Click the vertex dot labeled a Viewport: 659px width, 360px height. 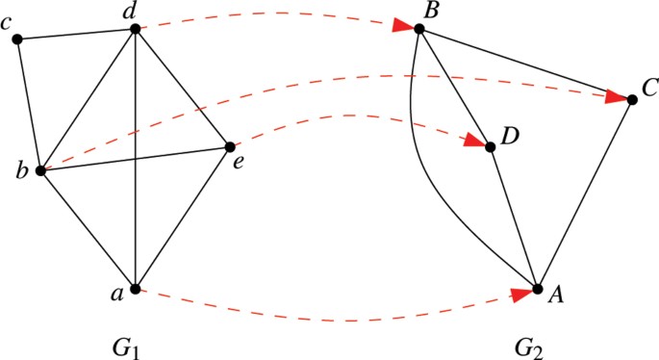136,289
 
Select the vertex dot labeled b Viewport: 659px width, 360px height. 40,170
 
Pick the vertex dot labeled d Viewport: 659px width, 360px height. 136,29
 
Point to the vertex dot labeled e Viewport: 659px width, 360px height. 230,146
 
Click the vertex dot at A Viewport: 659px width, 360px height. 538,289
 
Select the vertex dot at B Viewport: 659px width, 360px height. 419,29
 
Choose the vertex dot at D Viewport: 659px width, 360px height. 491,146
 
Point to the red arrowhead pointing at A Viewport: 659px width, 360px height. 520,294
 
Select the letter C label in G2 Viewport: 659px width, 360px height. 648,88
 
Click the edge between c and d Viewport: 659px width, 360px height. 77,35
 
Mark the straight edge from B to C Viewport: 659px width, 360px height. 525,64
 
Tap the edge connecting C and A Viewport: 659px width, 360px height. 585,193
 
